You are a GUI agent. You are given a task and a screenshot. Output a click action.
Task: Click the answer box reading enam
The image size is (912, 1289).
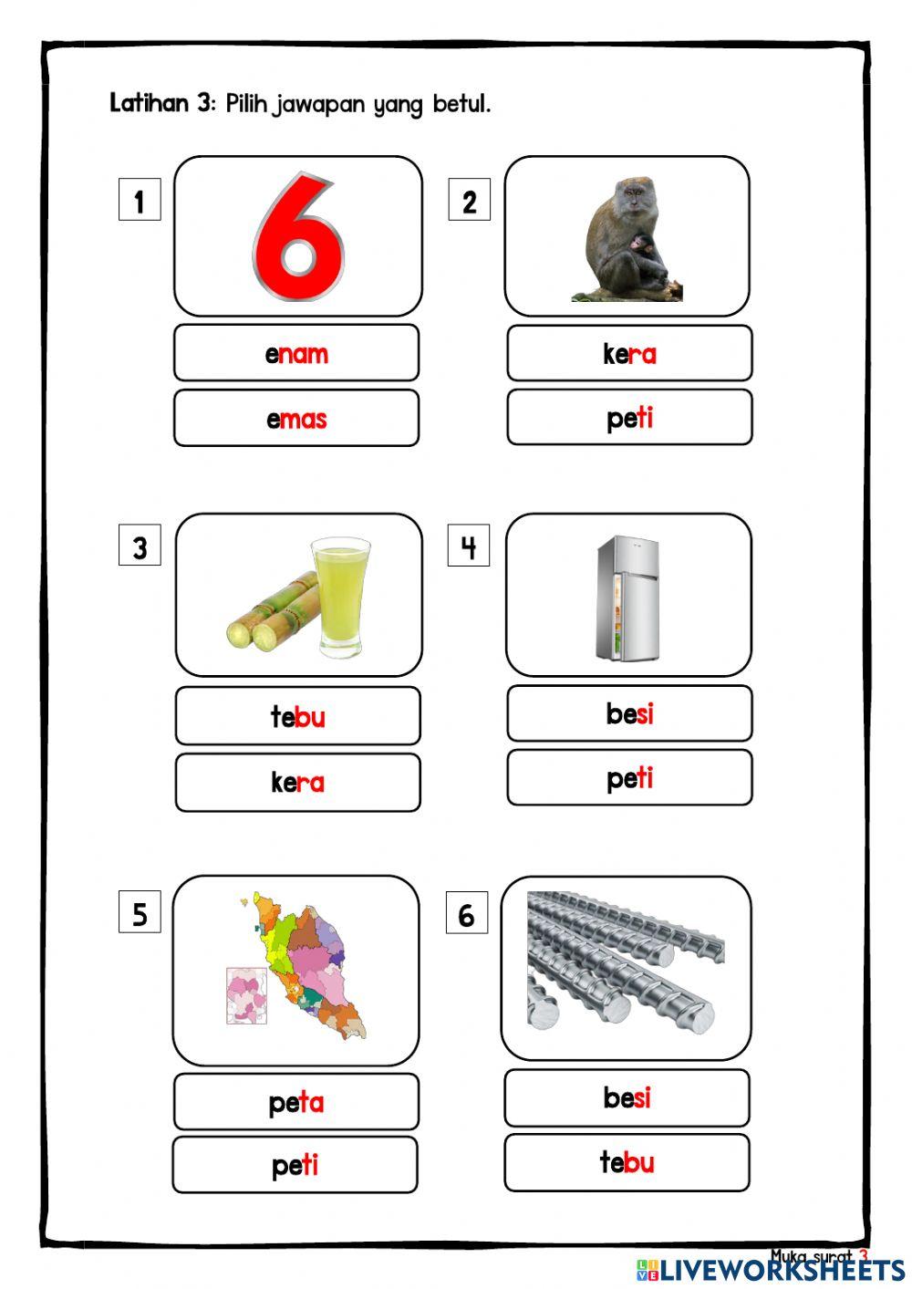(x=296, y=353)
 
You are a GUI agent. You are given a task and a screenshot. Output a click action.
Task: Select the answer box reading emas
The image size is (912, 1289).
(x=296, y=419)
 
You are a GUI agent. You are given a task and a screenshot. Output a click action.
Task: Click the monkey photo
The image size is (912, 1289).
(x=628, y=240)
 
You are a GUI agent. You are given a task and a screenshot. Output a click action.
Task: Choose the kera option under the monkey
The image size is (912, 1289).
(x=629, y=353)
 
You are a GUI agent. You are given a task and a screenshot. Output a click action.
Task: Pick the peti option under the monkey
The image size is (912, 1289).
(x=629, y=418)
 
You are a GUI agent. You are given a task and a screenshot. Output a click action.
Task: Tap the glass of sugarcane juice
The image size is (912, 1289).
(x=340, y=597)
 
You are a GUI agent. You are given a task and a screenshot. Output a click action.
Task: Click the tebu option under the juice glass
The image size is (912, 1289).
(x=297, y=716)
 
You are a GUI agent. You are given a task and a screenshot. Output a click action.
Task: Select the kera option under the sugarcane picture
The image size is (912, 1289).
(x=297, y=782)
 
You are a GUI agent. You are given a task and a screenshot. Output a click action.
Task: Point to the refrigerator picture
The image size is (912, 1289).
(x=628, y=598)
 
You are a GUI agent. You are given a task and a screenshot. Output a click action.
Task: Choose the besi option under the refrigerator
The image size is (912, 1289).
(x=629, y=713)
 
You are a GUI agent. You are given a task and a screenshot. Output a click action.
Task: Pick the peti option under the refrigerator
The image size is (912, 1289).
(x=629, y=778)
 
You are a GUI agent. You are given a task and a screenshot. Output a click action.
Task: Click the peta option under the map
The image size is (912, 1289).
(x=295, y=1102)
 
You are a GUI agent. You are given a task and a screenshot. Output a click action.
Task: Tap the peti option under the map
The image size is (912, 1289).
(x=295, y=1165)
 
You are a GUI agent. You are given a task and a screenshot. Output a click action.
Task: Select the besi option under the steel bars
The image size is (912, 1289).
(x=627, y=1097)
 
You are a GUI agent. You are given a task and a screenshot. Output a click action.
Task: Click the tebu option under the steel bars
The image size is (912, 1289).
(x=627, y=1162)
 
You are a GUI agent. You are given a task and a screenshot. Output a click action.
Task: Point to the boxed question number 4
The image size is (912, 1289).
(x=469, y=547)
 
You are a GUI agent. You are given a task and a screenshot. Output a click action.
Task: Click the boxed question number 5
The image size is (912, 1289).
(x=140, y=913)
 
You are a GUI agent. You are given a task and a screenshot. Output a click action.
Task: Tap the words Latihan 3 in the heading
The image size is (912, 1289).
(x=161, y=103)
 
